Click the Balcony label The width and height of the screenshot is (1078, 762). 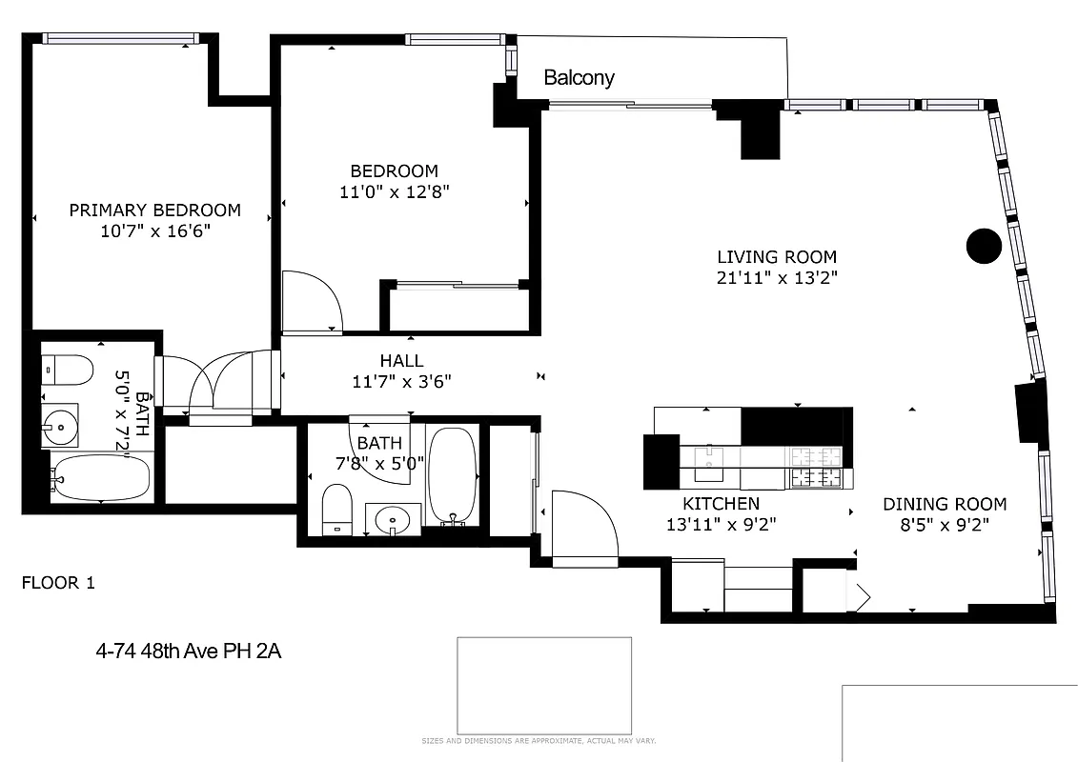[x=579, y=78]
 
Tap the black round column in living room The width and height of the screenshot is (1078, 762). [x=984, y=246]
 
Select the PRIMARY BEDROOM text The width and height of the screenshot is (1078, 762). [x=154, y=211]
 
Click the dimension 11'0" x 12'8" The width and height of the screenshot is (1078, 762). [x=394, y=191]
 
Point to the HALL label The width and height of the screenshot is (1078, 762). [x=401, y=362]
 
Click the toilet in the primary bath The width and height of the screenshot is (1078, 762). [x=68, y=369]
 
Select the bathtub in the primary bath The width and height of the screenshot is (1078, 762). [x=100, y=478]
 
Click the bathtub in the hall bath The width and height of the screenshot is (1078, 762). [x=453, y=473]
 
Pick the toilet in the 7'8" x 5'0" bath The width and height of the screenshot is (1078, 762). [x=336, y=510]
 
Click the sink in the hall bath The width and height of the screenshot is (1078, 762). [x=393, y=519]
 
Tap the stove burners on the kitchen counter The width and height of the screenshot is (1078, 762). [x=816, y=466]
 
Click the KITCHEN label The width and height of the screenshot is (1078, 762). [x=721, y=504]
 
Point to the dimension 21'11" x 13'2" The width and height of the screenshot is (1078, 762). [x=777, y=278]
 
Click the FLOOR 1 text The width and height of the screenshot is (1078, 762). [x=58, y=583]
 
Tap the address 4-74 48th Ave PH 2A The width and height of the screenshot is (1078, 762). [x=189, y=652]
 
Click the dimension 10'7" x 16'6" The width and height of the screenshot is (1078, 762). [x=154, y=231]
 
